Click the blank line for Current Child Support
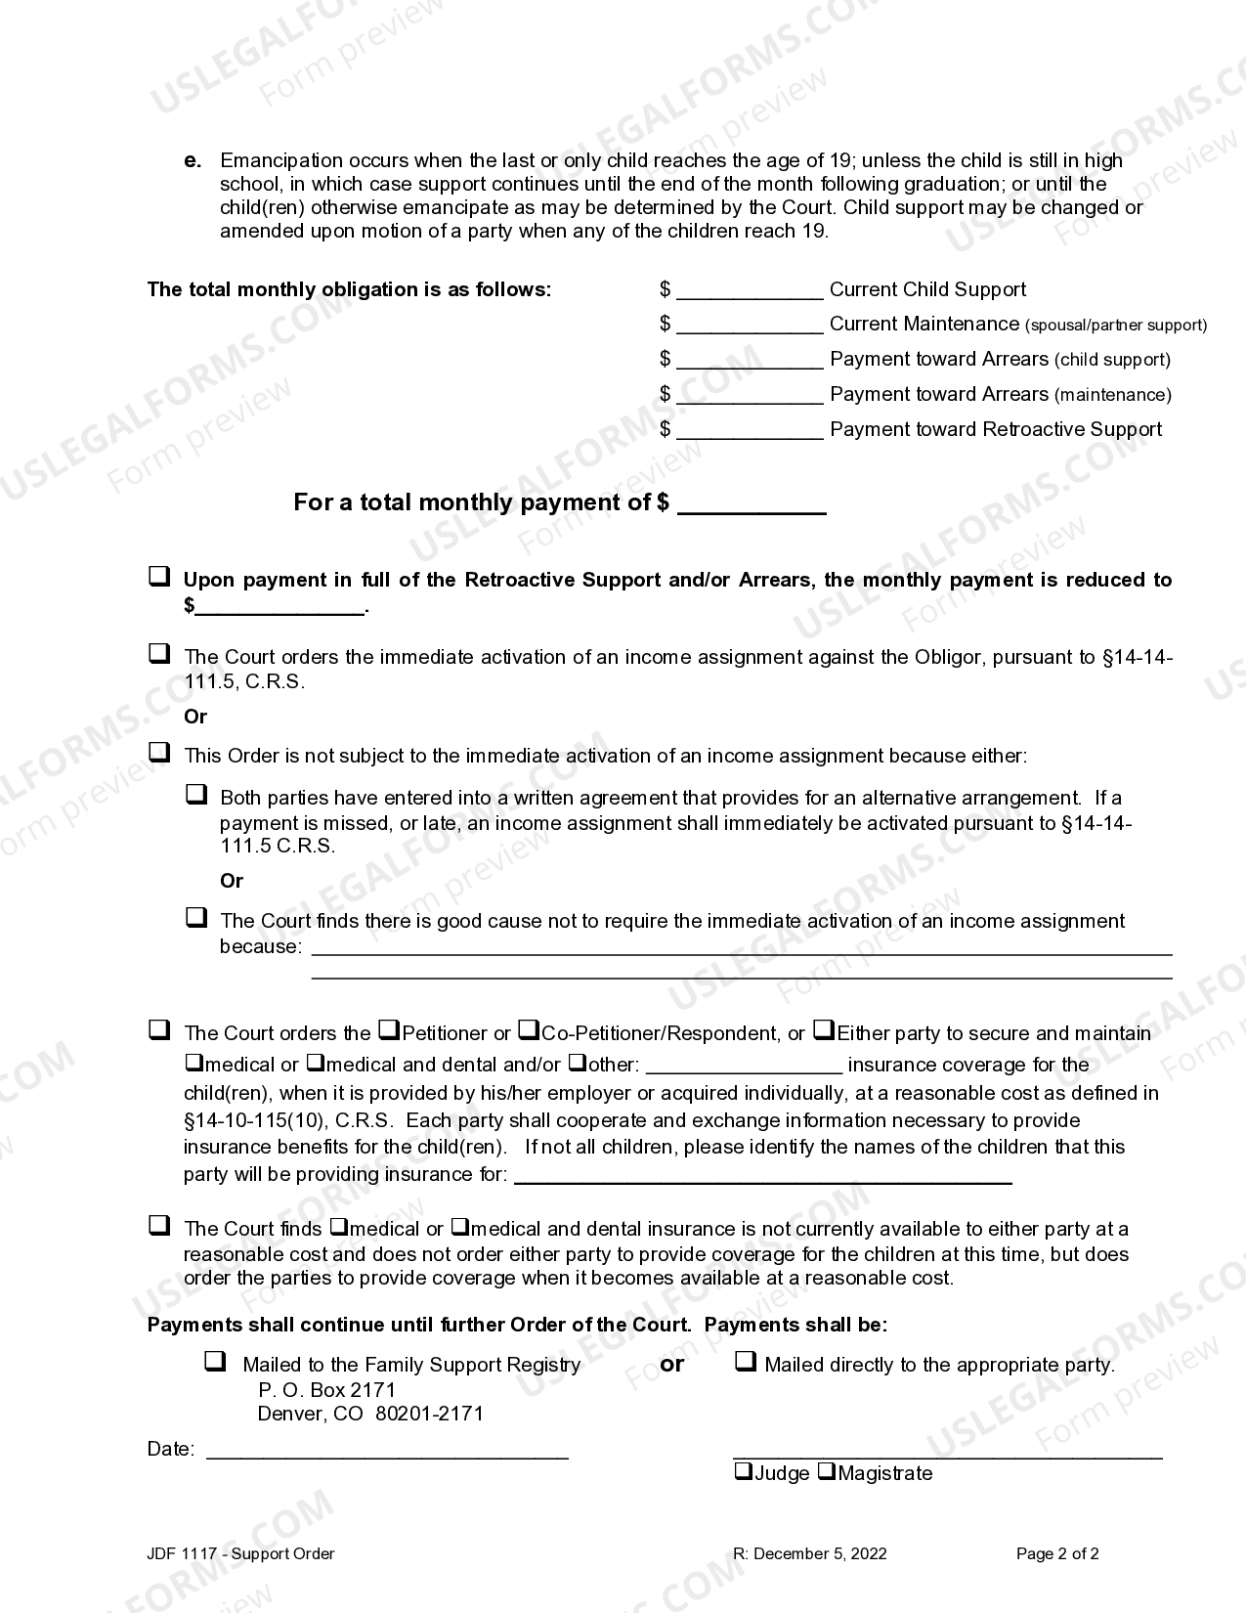click(750, 291)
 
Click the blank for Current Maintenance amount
click(750, 326)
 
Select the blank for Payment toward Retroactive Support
click(750, 431)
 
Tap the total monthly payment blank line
click(751, 504)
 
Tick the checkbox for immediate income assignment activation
click(158, 654)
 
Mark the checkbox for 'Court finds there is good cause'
click(196, 917)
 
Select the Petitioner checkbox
click(388, 1029)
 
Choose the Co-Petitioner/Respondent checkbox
click(528, 1029)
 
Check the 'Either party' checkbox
click(824, 1029)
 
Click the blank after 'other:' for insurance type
click(744, 1065)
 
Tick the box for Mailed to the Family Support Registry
click(215, 1361)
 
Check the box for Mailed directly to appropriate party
click(745, 1361)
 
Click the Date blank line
click(387, 1450)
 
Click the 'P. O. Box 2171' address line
click(326, 1389)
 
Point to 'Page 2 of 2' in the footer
click(1057, 1553)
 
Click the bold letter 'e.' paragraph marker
click(193, 160)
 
